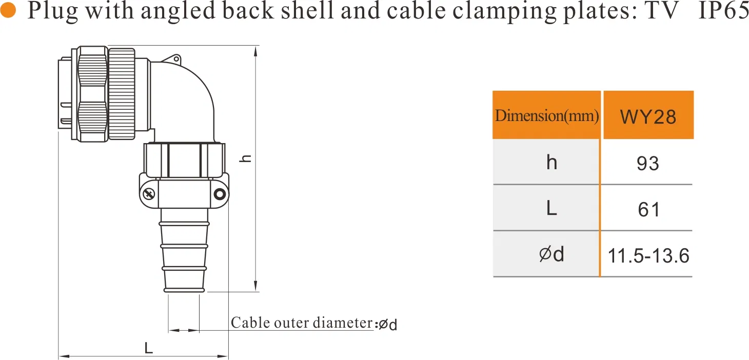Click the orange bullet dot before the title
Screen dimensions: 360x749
pos(9,11)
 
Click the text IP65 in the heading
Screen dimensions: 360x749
pos(724,11)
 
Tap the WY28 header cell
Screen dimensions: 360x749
pos(648,116)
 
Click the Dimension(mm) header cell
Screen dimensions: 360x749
pos(547,116)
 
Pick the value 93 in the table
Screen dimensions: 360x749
pos(647,164)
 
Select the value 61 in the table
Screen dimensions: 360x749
pos(648,210)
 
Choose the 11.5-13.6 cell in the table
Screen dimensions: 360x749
pos(648,255)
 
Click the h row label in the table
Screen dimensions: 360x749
pos(551,163)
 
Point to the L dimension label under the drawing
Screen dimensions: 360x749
pos(148,349)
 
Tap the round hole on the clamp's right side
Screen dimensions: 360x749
pos(220,194)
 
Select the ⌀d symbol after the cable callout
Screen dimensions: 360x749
pos(387,325)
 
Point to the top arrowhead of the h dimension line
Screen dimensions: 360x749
pos(256,49)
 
